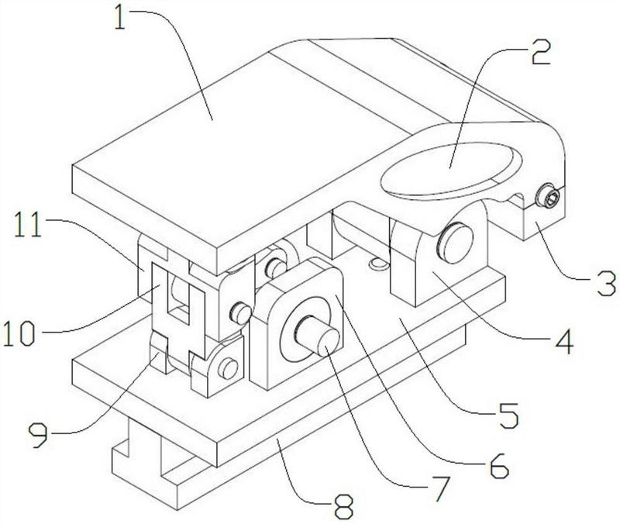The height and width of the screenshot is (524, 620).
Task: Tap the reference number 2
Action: [540, 52]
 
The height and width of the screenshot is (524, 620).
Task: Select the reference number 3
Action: [606, 283]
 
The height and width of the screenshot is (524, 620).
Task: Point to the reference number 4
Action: [564, 342]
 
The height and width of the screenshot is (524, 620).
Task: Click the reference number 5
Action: [508, 416]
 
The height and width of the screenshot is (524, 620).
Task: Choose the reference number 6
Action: [499, 465]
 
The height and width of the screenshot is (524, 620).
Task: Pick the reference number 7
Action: [440, 489]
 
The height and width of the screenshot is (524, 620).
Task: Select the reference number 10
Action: [19, 333]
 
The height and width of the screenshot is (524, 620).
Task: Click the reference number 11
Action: [28, 225]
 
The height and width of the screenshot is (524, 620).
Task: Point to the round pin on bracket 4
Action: [455, 243]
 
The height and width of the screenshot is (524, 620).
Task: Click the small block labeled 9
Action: [160, 353]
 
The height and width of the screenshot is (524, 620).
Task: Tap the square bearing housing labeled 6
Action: [297, 324]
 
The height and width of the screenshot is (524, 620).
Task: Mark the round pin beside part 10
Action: [240, 312]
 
